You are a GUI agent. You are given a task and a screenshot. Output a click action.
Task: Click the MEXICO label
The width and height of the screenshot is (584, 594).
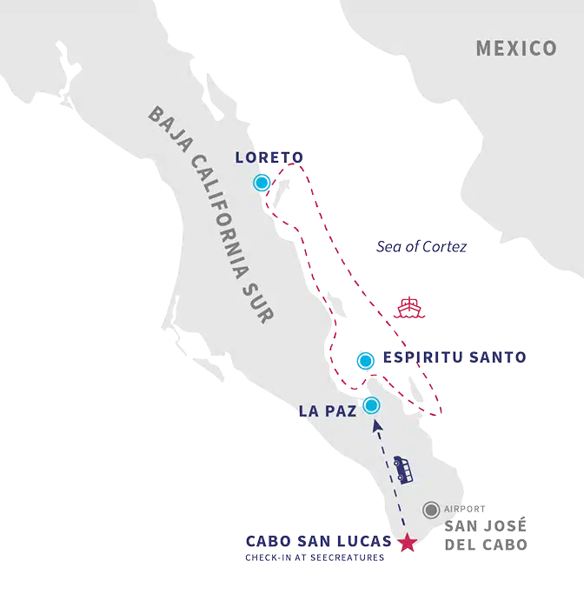(x=516, y=48)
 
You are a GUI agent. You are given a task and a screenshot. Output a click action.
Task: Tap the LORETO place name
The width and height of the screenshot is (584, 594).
(x=269, y=157)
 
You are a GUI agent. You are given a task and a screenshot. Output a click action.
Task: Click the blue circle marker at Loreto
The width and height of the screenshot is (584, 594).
(x=262, y=183)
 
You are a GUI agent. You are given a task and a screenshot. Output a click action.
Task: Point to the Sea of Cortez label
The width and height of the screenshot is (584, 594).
(x=422, y=247)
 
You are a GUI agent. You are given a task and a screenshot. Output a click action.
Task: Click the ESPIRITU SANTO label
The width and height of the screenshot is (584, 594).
(x=455, y=357)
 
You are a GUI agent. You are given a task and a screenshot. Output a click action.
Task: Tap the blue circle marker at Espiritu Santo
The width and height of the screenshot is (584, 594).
(x=366, y=359)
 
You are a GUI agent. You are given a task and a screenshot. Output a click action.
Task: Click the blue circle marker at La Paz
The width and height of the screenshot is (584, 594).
(x=372, y=405)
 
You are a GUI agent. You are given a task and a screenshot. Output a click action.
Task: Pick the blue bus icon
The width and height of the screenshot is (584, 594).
(x=402, y=470)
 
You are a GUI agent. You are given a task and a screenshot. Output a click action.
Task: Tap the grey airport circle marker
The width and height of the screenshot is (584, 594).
(x=430, y=510)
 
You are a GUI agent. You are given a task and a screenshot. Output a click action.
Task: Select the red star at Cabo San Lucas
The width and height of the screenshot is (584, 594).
(x=407, y=544)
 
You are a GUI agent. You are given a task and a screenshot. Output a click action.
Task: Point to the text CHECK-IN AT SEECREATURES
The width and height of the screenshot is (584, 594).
(x=315, y=557)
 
